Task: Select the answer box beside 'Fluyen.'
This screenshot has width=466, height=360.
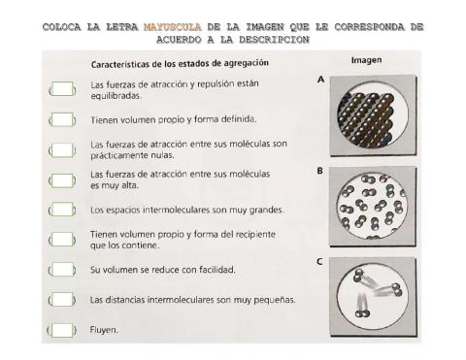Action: (62, 330)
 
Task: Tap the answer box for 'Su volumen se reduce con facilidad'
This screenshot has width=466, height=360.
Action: (62, 269)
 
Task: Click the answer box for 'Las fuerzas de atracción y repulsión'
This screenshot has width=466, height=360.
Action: (62, 91)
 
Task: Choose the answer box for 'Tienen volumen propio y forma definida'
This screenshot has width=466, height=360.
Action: (62, 120)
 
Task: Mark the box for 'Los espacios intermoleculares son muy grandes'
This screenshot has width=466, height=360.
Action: (62, 210)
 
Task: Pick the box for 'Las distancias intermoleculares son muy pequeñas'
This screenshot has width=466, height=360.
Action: (62, 300)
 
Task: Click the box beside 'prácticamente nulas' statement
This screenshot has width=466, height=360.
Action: (62, 150)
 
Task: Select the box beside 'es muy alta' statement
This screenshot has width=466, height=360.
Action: (62, 180)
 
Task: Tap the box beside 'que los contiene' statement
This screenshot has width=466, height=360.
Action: (62, 240)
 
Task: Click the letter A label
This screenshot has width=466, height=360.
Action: (320, 82)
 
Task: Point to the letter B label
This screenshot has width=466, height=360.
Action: (320, 171)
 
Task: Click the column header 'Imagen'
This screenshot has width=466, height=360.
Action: (366, 60)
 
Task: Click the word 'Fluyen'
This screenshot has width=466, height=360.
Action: (104, 330)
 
